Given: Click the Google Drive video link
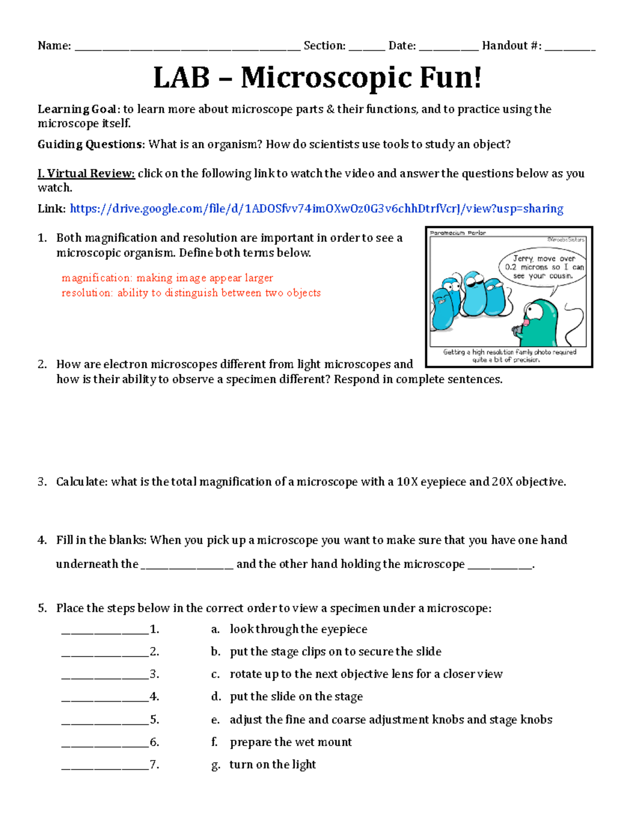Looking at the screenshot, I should tap(316, 209).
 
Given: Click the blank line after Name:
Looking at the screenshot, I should tap(187, 47).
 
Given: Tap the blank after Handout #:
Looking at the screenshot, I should tap(570, 47).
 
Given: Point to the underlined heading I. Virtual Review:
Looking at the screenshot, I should tap(86, 173).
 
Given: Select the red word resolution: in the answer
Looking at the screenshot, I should tap(87, 293).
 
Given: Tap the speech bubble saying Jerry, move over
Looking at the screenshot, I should tap(542, 267).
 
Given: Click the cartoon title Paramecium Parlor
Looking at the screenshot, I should tap(457, 233).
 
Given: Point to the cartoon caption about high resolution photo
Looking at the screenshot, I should tap(509, 356).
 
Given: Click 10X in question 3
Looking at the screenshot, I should tap(407, 482).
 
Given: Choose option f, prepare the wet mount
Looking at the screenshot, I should tap(290, 742).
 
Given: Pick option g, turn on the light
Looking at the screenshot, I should tap(272, 764).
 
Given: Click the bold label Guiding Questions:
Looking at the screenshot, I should tap(91, 144).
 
